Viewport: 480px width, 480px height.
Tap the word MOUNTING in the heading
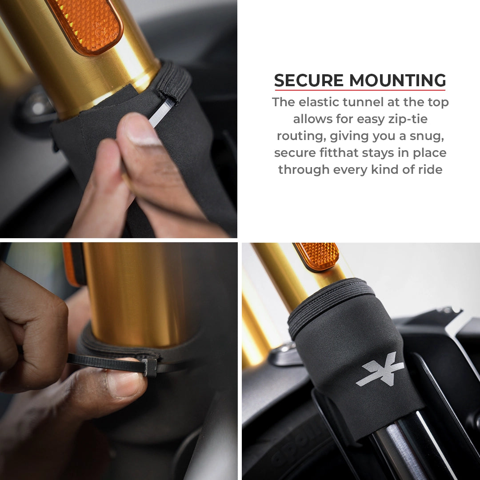(397, 81)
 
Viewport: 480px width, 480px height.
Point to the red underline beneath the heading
(360, 90)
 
